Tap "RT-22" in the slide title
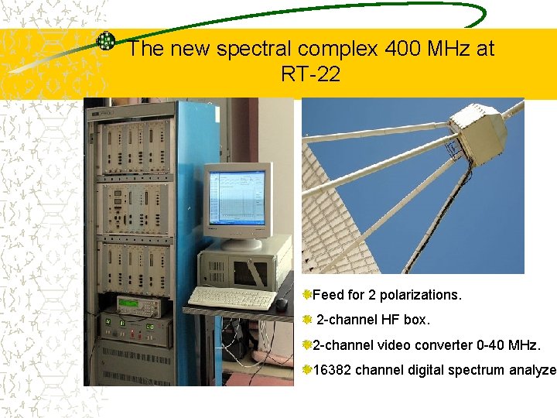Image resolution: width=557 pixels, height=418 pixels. (311, 75)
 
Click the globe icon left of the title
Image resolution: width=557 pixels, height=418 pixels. (105, 42)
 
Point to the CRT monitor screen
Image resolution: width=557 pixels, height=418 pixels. (237, 197)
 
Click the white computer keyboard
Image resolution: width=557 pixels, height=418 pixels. (230, 297)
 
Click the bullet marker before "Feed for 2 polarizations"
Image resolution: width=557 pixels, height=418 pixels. (307, 295)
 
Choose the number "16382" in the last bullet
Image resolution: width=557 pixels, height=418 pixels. (332, 370)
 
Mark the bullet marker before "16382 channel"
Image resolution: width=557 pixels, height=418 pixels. (307, 370)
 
